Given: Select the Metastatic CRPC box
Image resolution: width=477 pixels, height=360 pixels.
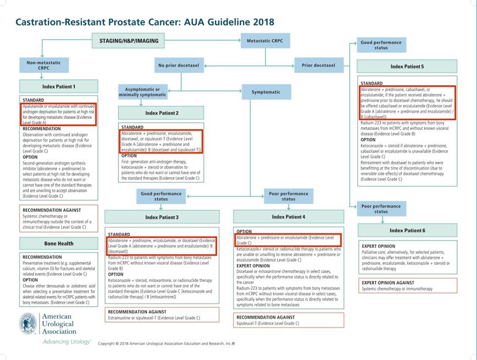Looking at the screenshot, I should tap(265, 41).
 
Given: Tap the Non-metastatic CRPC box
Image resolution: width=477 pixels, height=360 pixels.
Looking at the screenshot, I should tap(44, 66).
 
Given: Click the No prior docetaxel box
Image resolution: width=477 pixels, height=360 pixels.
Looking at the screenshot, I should tap(178, 66).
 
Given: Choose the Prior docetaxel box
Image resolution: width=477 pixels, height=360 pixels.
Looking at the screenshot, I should tap(318, 66).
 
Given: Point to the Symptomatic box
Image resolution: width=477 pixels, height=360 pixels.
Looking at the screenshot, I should tap(266, 92).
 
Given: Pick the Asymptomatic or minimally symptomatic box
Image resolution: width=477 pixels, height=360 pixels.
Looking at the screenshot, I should tap(142, 92).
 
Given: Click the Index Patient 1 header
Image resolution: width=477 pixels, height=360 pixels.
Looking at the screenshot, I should tap(59, 86).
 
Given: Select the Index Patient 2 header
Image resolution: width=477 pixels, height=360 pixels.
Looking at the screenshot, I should tap(162, 113).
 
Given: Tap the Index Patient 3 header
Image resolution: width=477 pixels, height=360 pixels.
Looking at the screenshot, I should tap(162, 217).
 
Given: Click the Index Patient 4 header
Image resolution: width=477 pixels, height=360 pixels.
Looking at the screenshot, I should tap(288, 217).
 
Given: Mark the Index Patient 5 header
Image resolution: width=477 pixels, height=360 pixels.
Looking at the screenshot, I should tap(407, 67).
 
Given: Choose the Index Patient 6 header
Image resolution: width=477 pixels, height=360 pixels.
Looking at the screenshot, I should tap(407, 230).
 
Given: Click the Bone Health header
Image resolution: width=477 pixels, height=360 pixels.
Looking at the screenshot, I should tap(59, 243).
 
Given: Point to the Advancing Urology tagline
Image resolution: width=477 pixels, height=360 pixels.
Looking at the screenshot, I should tap(67, 342).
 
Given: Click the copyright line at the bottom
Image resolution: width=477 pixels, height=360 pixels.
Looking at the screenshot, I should tap(166, 343).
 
